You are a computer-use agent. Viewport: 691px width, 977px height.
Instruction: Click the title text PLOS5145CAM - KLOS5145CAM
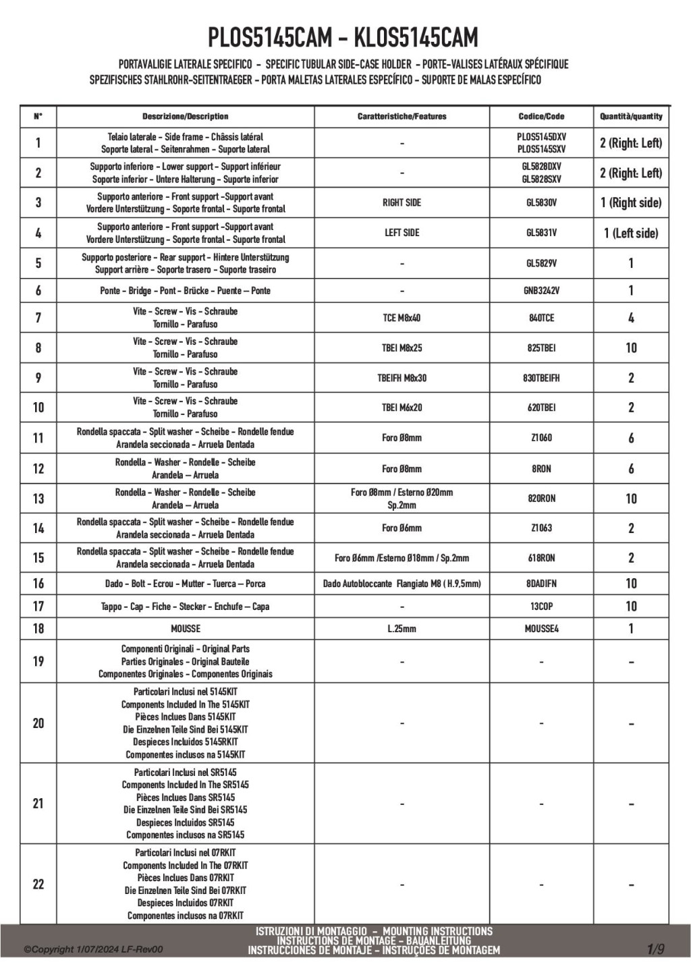point(343,38)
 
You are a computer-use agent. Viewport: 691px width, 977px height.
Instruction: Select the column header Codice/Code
point(541,117)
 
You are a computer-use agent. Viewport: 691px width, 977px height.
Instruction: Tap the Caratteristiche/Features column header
point(402,117)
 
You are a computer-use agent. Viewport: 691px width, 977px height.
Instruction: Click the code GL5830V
point(541,202)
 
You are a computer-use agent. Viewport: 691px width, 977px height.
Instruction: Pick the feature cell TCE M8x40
point(402,318)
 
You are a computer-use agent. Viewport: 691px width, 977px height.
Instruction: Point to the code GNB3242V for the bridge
point(541,291)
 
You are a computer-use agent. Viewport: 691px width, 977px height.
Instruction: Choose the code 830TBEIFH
point(541,378)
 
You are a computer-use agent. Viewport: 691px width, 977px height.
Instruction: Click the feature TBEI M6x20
point(402,408)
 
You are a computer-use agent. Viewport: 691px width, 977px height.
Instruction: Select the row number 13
point(38,499)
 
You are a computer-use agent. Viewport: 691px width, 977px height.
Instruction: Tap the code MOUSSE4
point(541,629)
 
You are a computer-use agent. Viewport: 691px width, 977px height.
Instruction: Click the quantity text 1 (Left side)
point(631,233)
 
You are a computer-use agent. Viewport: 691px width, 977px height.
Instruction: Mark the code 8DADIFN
point(541,584)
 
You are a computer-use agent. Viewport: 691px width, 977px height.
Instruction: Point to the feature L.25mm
point(402,629)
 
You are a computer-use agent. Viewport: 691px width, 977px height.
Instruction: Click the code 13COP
point(541,607)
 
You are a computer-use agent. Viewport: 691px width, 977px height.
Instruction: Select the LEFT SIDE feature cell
point(402,233)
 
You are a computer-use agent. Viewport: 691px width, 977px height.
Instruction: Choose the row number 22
point(38,884)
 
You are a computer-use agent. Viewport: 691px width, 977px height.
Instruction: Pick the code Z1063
point(541,528)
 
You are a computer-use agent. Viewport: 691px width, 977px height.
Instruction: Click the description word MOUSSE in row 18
point(186,629)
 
